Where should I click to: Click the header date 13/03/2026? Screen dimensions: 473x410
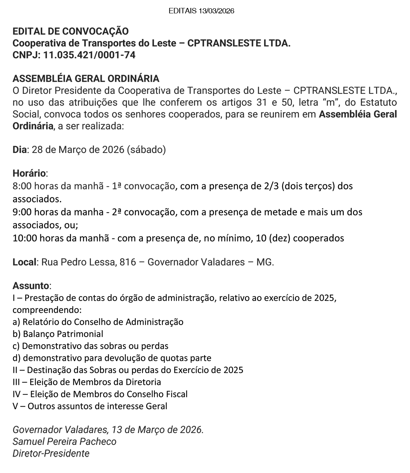[216, 11]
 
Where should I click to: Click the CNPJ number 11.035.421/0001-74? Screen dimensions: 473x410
[90, 55]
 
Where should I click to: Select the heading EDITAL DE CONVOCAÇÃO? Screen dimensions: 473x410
[70, 31]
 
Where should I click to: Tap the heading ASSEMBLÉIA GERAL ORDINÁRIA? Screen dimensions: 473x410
[86, 78]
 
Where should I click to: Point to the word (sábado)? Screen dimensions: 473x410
[146, 150]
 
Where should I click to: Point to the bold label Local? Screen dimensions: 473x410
[25, 262]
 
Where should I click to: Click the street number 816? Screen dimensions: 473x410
[128, 262]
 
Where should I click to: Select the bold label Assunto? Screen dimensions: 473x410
[31, 286]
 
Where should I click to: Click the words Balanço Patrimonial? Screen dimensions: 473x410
[63, 334]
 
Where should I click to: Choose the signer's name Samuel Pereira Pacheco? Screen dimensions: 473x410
[65, 442]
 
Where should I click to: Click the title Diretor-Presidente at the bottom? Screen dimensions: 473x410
[51, 454]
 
